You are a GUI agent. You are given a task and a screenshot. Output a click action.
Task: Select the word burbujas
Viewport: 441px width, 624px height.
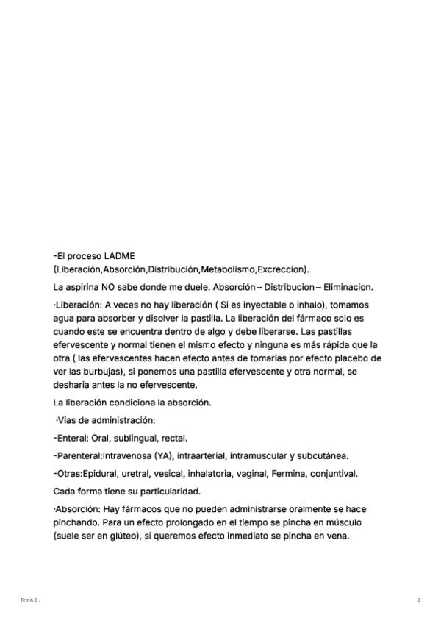[x=105, y=371]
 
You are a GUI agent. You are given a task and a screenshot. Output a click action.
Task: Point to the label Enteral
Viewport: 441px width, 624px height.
[x=74, y=437]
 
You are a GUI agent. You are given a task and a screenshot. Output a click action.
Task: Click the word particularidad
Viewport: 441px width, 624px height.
[x=171, y=491]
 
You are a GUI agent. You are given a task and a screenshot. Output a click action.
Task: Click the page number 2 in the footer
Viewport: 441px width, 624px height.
[x=419, y=600]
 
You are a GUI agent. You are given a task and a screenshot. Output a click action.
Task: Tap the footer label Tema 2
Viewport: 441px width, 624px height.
[x=29, y=600]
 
